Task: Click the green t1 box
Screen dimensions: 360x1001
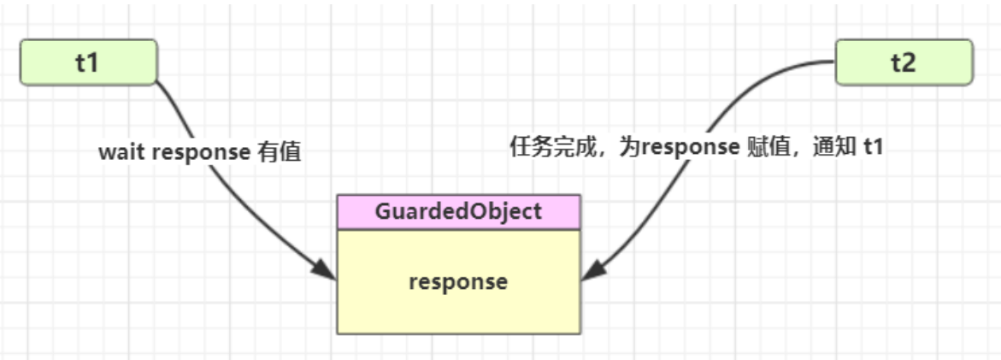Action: coord(88,62)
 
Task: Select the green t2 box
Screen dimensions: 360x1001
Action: coord(904,62)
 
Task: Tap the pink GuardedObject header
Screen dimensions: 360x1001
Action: coord(458,212)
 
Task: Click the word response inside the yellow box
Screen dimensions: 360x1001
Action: coord(458,281)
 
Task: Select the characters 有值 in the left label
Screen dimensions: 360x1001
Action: coord(279,153)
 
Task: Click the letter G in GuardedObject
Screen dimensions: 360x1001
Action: coord(382,212)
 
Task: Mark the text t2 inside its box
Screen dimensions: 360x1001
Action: coord(904,62)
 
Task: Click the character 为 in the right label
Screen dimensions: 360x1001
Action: coord(630,146)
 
